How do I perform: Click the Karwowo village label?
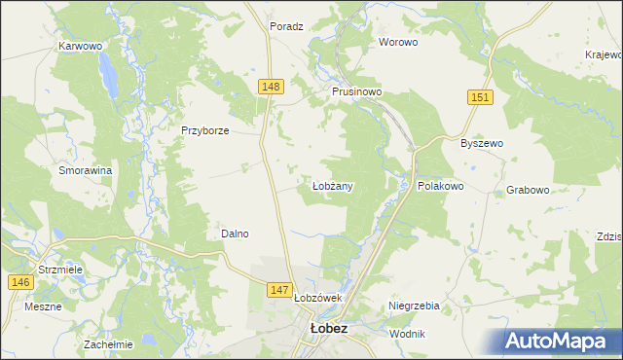click(x=81, y=46)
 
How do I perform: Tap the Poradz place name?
click(x=289, y=27)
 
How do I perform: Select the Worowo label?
click(x=398, y=42)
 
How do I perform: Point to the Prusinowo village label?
click(x=356, y=90)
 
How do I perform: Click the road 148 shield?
click(x=272, y=88)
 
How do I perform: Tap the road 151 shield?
click(x=480, y=97)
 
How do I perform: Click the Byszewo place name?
click(x=481, y=143)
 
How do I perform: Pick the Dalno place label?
click(x=235, y=234)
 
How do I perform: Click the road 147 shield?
click(x=280, y=289)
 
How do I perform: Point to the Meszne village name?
click(x=44, y=306)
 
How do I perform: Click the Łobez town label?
click(x=328, y=329)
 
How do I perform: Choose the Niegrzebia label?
click(x=415, y=306)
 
